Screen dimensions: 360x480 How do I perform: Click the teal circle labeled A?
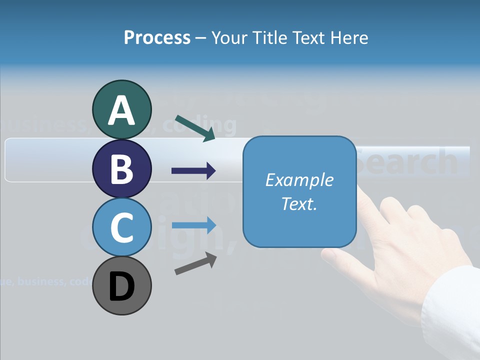121,109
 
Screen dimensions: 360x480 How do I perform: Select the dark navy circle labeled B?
121,168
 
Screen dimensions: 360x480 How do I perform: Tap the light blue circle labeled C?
121,227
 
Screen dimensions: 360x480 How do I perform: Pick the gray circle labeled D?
121,285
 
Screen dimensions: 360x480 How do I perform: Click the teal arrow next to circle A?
195,128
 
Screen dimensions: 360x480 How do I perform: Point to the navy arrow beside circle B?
193,171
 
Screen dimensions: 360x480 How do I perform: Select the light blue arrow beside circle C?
193,225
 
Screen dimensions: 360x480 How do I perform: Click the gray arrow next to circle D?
195,263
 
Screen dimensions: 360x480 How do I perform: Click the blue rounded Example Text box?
299,191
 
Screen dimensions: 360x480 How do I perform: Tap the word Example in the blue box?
299,180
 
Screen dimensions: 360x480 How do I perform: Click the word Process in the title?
157,37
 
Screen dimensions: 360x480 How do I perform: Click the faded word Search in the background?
407,161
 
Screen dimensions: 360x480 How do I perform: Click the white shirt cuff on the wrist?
452,310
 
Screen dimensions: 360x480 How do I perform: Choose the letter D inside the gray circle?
121,286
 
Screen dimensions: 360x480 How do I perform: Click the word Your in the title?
228,37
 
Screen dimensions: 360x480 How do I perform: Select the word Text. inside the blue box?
299,204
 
